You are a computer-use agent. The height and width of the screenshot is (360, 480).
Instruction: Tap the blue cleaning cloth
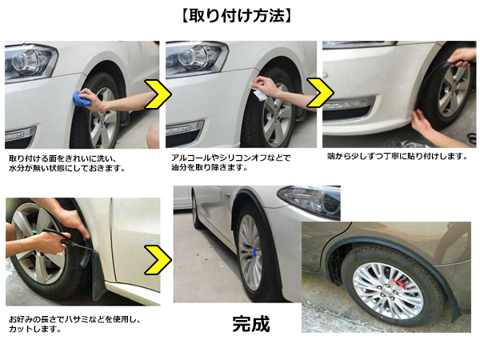point(82,98)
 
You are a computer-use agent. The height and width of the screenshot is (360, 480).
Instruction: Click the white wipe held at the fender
point(258,94)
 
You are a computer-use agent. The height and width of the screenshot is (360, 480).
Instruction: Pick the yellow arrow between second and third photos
point(320,93)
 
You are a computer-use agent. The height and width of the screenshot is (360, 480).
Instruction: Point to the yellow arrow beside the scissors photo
point(158,259)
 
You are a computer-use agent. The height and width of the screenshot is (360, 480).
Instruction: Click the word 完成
point(251,324)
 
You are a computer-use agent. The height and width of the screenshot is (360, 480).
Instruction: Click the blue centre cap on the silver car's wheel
point(254,252)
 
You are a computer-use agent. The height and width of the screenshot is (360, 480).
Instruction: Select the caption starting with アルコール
point(231,163)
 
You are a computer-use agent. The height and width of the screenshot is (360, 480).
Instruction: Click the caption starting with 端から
point(398,157)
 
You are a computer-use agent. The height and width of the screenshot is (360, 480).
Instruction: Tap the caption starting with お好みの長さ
point(74,325)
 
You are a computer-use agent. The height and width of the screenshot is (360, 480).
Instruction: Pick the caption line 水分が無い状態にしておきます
point(66,168)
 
